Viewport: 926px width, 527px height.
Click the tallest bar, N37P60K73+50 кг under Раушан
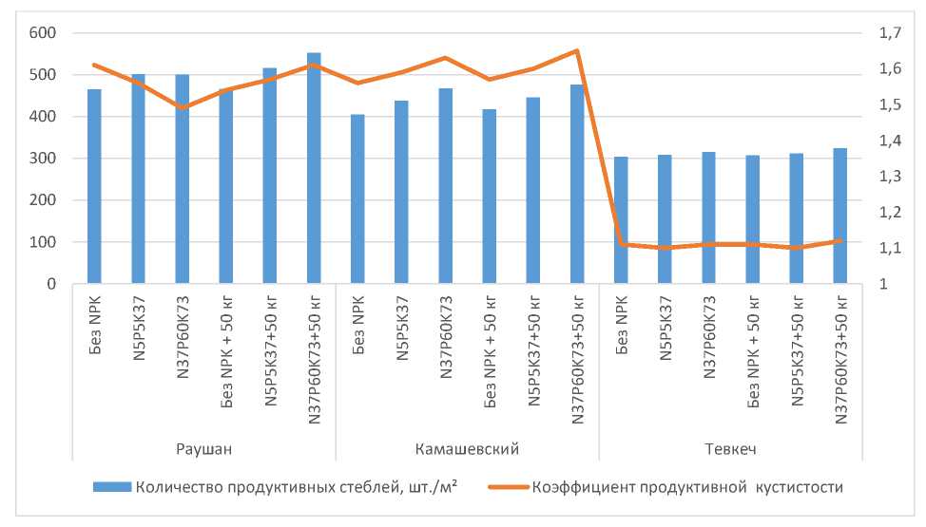click(314, 168)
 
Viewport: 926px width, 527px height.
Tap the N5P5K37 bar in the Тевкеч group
click(665, 219)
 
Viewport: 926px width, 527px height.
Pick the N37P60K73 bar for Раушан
click(182, 179)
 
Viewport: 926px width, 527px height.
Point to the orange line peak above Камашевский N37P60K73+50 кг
click(577, 50)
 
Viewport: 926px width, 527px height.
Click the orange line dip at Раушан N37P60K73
click(182, 107)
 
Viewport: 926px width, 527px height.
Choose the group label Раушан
click(204, 447)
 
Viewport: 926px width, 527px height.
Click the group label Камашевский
click(468, 447)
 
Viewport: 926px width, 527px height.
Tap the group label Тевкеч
click(730, 447)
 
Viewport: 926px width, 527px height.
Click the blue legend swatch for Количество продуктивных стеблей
click(111, 487)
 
